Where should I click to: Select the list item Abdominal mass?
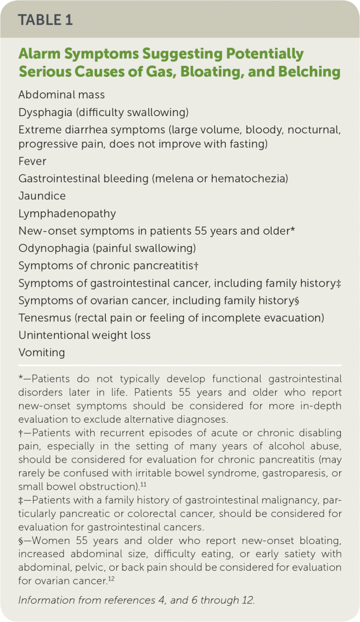coord(61,95)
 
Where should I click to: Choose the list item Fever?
coord(32,161)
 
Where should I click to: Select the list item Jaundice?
coord(42,196)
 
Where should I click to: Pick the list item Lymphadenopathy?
coord(67,213)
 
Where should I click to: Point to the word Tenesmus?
coord(43,318)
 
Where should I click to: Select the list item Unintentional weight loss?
coord(84,335)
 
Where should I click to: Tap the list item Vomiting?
coord(42,352)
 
